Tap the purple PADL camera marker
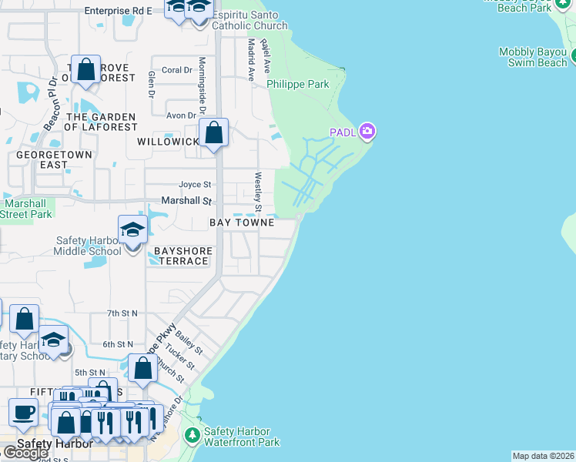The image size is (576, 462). pyautogui.click(x=367, y=131)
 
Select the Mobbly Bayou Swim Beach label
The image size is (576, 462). pyautogui.click(x=532, y=57)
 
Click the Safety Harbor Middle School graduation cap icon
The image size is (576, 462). pyautogui.click(x=132, y=229)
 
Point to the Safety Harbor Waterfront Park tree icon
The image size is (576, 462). pyautogui.click(x=192, y=437)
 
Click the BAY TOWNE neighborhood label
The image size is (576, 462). pyautogui.click(x=242, y=223)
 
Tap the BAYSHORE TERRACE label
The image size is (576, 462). pyautogui.click(x=182, y=256)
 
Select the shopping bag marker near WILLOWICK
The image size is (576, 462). pyautogui.click(x=213, y=132)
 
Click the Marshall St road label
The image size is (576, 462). pyautogui.click(x=186, y=201)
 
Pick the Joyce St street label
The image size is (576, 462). pyautogui.click(x=195, y=185)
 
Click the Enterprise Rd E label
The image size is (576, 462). pyautogui.click(x=118, y=11)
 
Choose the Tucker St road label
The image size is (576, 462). pyautogui.click(x=170, y=363)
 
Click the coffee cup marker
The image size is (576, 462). pyautogui.click(x=23, y=412)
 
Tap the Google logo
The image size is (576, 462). pyautogui.click(x=25, y=453)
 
